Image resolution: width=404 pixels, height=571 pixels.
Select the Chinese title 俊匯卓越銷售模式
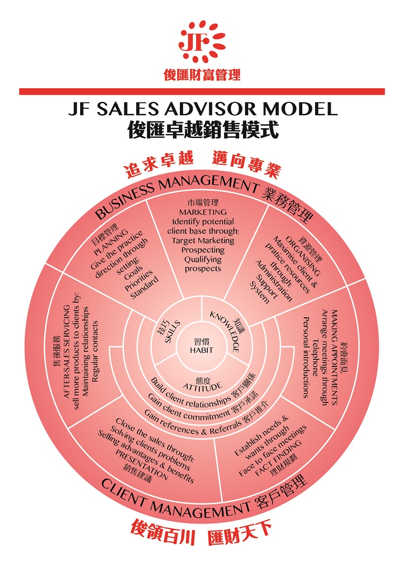[201, 129]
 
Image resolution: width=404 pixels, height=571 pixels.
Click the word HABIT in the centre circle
[201, 350]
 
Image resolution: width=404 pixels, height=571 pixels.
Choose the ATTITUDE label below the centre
[202, 387]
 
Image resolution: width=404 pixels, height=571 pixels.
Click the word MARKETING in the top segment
[203, 212]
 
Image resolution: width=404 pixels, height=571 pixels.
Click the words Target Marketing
[203, 241]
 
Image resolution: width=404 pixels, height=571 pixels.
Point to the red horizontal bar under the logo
[201, 92]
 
